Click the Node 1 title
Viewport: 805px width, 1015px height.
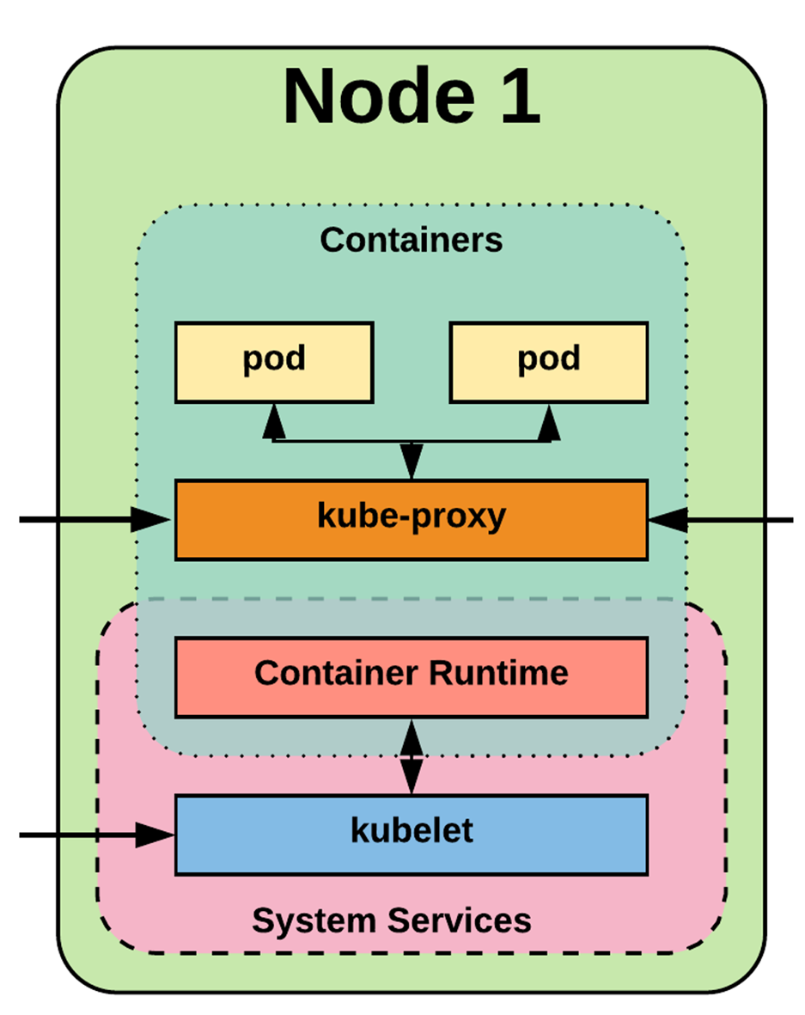tap(412, 95)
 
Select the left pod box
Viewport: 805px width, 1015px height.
tap(274, 362)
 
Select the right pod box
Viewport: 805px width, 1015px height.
tap(549, 362)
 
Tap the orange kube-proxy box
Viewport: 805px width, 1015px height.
tap(412, 519)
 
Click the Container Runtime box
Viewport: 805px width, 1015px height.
tap(412, 676)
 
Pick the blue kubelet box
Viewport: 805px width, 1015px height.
tap(412, 835)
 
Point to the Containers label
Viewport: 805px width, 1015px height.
tap(412, 240)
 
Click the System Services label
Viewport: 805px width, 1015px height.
tap(392, 920)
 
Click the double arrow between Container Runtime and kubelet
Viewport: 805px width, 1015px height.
tap(412, 756)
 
